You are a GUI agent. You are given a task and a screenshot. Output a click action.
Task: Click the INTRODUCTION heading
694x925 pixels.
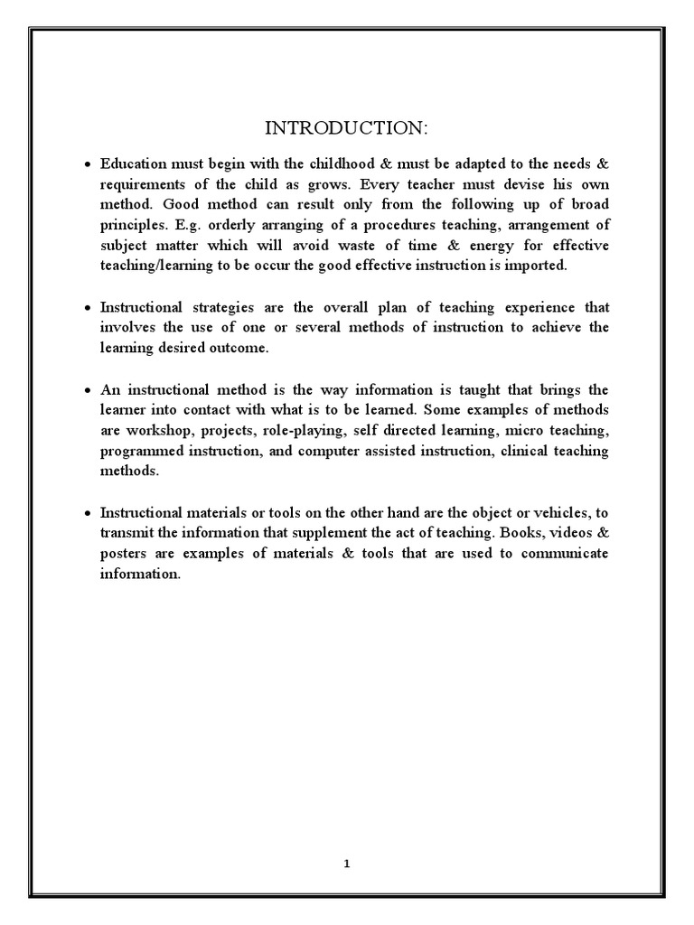tap(347, 129)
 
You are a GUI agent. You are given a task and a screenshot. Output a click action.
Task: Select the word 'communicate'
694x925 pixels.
tap(567, 552)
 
